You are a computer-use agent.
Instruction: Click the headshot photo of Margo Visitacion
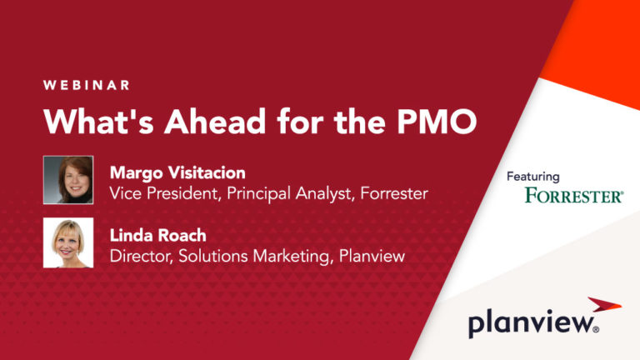pos(68,180)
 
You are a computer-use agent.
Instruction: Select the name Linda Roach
pos(159,237)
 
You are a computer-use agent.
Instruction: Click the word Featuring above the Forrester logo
pos(533,177)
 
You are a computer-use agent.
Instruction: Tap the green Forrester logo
pos(574,197)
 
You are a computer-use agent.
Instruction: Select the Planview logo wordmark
pos(532,323)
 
